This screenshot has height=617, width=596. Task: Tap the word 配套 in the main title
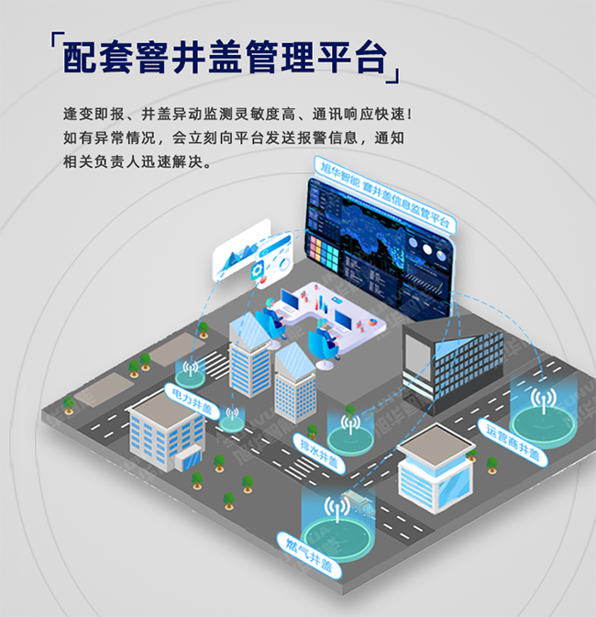coord(92,59)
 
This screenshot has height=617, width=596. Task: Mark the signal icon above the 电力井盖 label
coord(191,370)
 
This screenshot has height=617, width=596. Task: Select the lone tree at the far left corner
coord(67,404)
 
